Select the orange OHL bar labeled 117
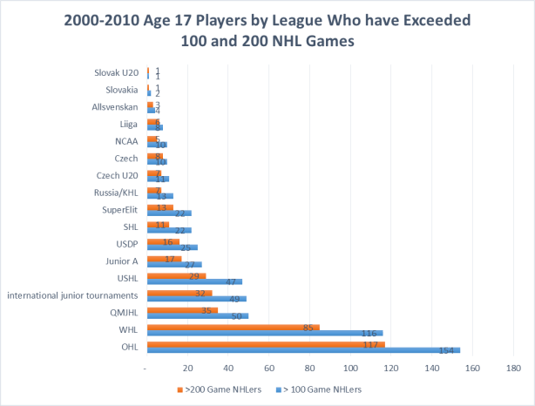pyautogui.click(x=266, y=344)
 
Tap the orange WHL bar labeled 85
pyautogui.click(x=234, y=328)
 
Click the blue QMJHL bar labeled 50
pyautogui.click(x=198, y=316)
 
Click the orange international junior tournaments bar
pyautogui.click(x=179, y=294)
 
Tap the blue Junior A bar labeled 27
pyautogui.click(x=174, y=265)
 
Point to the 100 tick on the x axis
pyautogui.click(x=350, y=369)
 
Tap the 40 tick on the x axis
pyautogui.click(x=228, y=369)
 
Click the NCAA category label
pyautogui.click(x=126, y=140)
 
